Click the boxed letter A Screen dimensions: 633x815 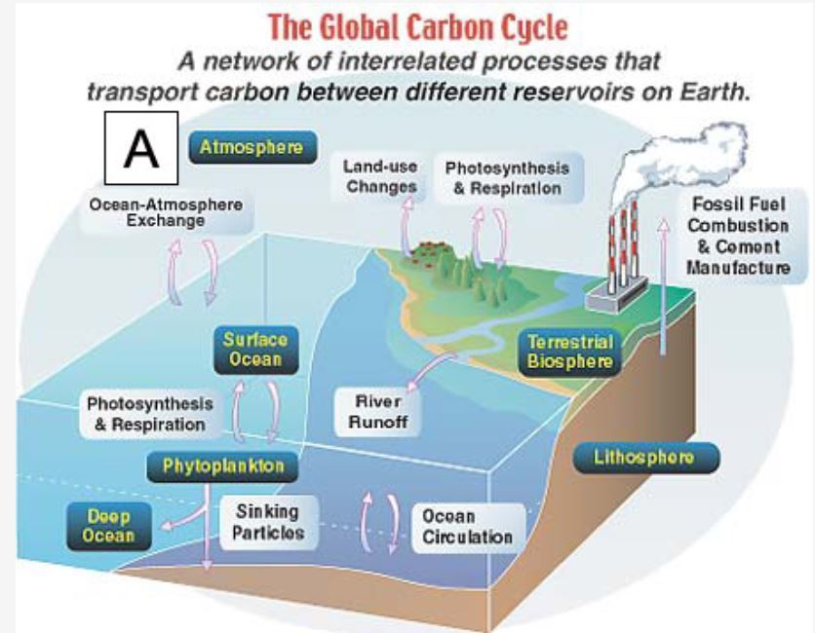click(140, 148)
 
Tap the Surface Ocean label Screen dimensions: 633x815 click(254, 349)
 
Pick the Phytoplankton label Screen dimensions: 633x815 click(223, 465)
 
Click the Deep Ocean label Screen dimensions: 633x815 click(108, 526)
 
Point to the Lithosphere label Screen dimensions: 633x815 click(643, 457)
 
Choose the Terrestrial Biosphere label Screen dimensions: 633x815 click(569, 352)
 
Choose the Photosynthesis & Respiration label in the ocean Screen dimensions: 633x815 click(148, 414)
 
